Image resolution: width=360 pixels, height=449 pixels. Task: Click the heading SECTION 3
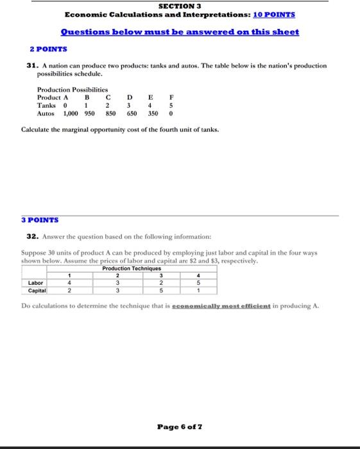coord(180,5)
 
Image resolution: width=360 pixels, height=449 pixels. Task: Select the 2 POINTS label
coord(49,49)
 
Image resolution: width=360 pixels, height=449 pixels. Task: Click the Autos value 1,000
coord(71,113)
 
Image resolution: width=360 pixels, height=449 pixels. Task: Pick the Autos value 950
coord(89,113)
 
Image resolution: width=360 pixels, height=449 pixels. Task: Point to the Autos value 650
coord(132,113)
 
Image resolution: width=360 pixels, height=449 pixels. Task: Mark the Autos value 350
coord(153,113)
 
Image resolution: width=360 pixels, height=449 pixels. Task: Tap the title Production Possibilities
coord(73,90)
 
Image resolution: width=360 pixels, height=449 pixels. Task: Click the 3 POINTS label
coord(39,219)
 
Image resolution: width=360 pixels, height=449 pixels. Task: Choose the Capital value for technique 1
coord(69,290)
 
